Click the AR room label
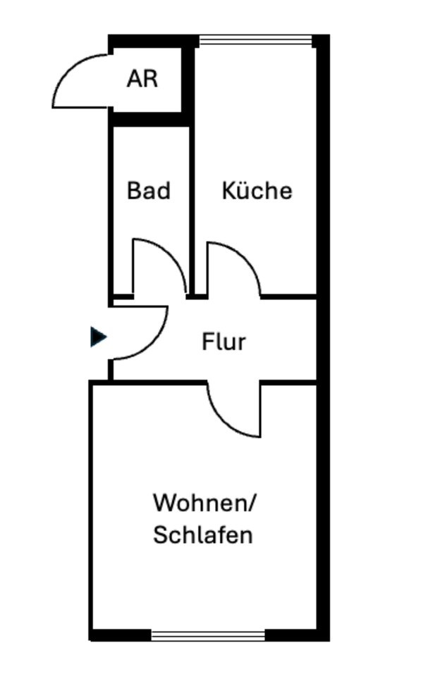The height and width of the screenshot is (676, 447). click(142, 79)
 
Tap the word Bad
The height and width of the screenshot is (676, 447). click(149, 191)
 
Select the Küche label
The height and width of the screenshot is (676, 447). click(257, 191)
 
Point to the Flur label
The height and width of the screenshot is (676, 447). click(223, 342)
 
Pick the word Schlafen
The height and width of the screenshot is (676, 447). click(203, 535)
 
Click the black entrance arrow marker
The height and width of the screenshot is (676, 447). click(99, 337)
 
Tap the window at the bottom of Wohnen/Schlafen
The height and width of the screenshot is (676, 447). click(208, 635)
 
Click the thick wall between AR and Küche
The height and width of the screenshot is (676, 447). click(188, 77)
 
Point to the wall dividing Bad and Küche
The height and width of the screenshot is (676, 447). click(191, 211)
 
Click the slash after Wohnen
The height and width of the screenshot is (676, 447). click(254, 503)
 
